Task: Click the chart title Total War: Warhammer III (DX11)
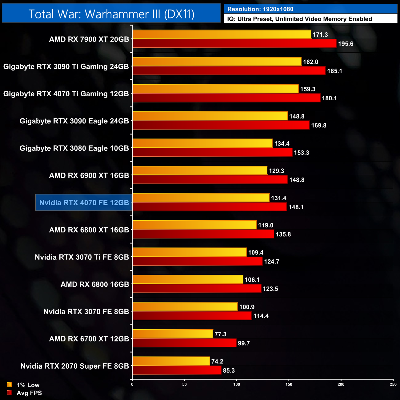click(x=111, y=14)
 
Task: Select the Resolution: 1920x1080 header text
click(x=260, y=9)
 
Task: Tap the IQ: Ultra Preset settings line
click(x=299, y=19)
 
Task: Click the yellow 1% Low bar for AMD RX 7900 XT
click(x=222, y=34)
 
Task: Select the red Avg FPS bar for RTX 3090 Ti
click(x=229, y=71)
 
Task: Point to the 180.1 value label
click(x=329, y=98)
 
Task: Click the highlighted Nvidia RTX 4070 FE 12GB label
click(x=84, y=203)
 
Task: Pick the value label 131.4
click(x=279, y=198)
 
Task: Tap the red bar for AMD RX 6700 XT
click(x=184, y=343)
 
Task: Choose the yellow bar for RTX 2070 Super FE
click(x=171, y=361)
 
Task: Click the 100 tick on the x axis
click(x=237, y=384)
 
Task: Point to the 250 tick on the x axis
click(x=393, y=384)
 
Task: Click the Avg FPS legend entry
click(x=24, y=393)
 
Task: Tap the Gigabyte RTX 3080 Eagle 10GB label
click(x=74, y=148)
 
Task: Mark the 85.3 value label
click(x=229, y=370)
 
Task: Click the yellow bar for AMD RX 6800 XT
click(x=194, y=225)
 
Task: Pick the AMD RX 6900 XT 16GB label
click(x=89, y=176)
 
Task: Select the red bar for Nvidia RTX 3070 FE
click(x=192, y=316)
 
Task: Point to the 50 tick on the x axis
click(x=184, y=384)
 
